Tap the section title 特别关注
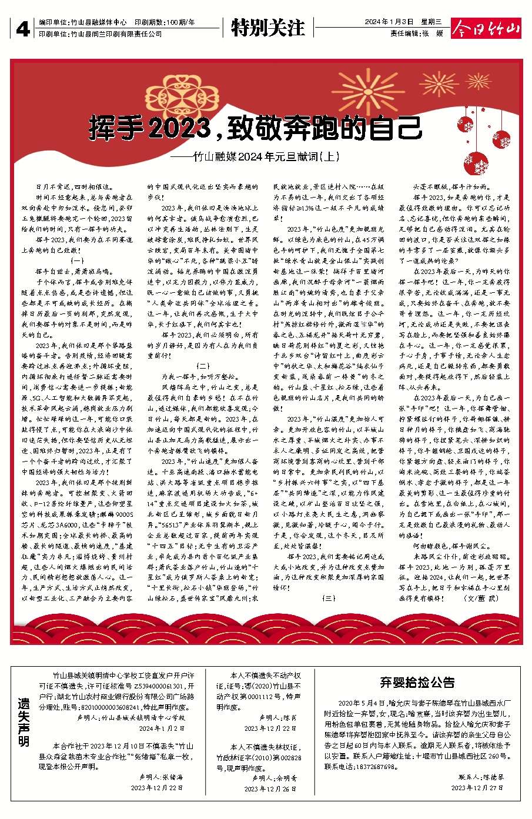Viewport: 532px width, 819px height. [267, 28]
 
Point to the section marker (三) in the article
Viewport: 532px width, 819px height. [328, 597]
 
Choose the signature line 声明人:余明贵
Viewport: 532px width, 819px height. [274, 777]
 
